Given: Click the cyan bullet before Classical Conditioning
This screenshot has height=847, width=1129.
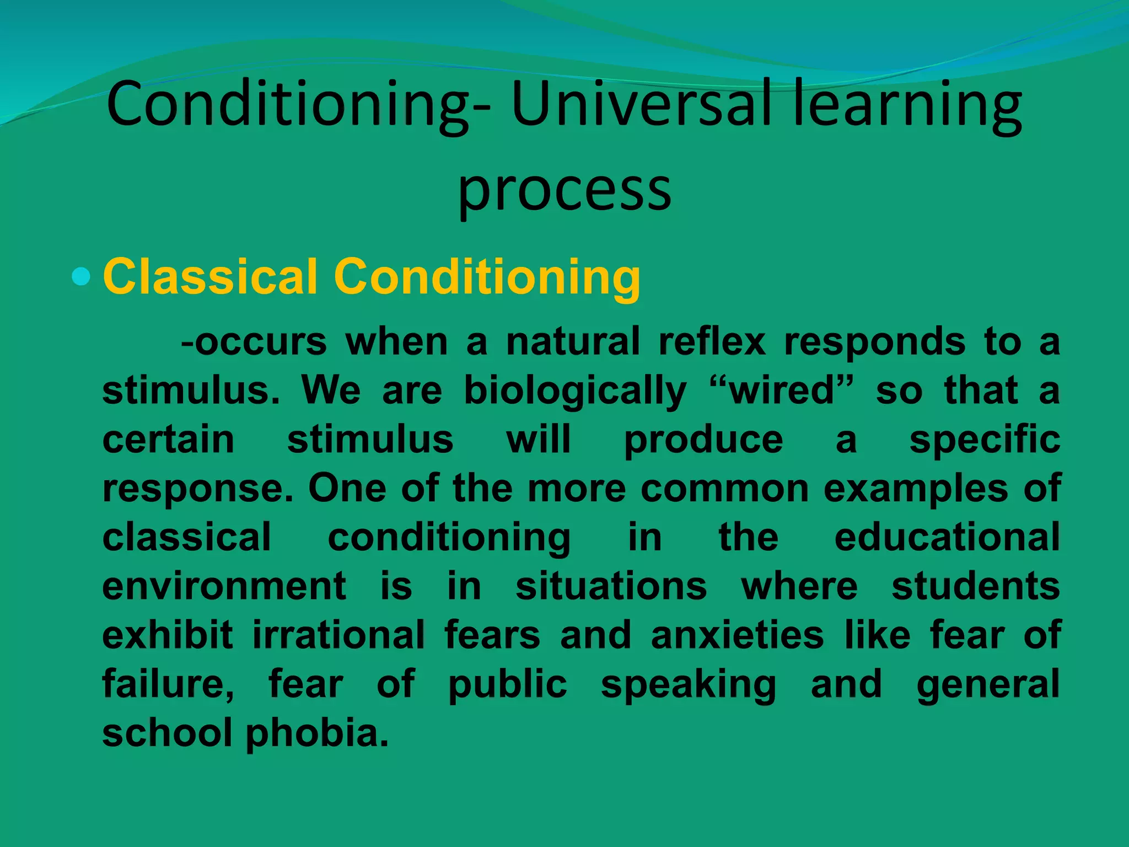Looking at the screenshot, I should pos(81,276).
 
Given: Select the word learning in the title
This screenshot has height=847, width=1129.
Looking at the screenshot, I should pos(907,105).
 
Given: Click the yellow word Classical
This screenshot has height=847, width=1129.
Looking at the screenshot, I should pos(211,276).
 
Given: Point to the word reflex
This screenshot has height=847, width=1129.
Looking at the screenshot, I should pos(712,342).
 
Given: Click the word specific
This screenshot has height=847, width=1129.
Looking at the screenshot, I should pos(985,440).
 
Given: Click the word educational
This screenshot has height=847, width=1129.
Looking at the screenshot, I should pos(947,537).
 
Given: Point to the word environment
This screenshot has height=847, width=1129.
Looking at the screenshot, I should pos(224,586).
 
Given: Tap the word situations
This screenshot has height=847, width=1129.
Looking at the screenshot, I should pos(611,586).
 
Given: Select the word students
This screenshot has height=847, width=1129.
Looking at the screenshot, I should pos(975,586).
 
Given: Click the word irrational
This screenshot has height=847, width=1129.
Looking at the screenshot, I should pos(338,635).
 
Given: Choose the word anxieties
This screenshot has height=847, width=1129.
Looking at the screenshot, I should pos(737,635).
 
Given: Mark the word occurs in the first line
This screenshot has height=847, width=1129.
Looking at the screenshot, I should pos(260,342).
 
